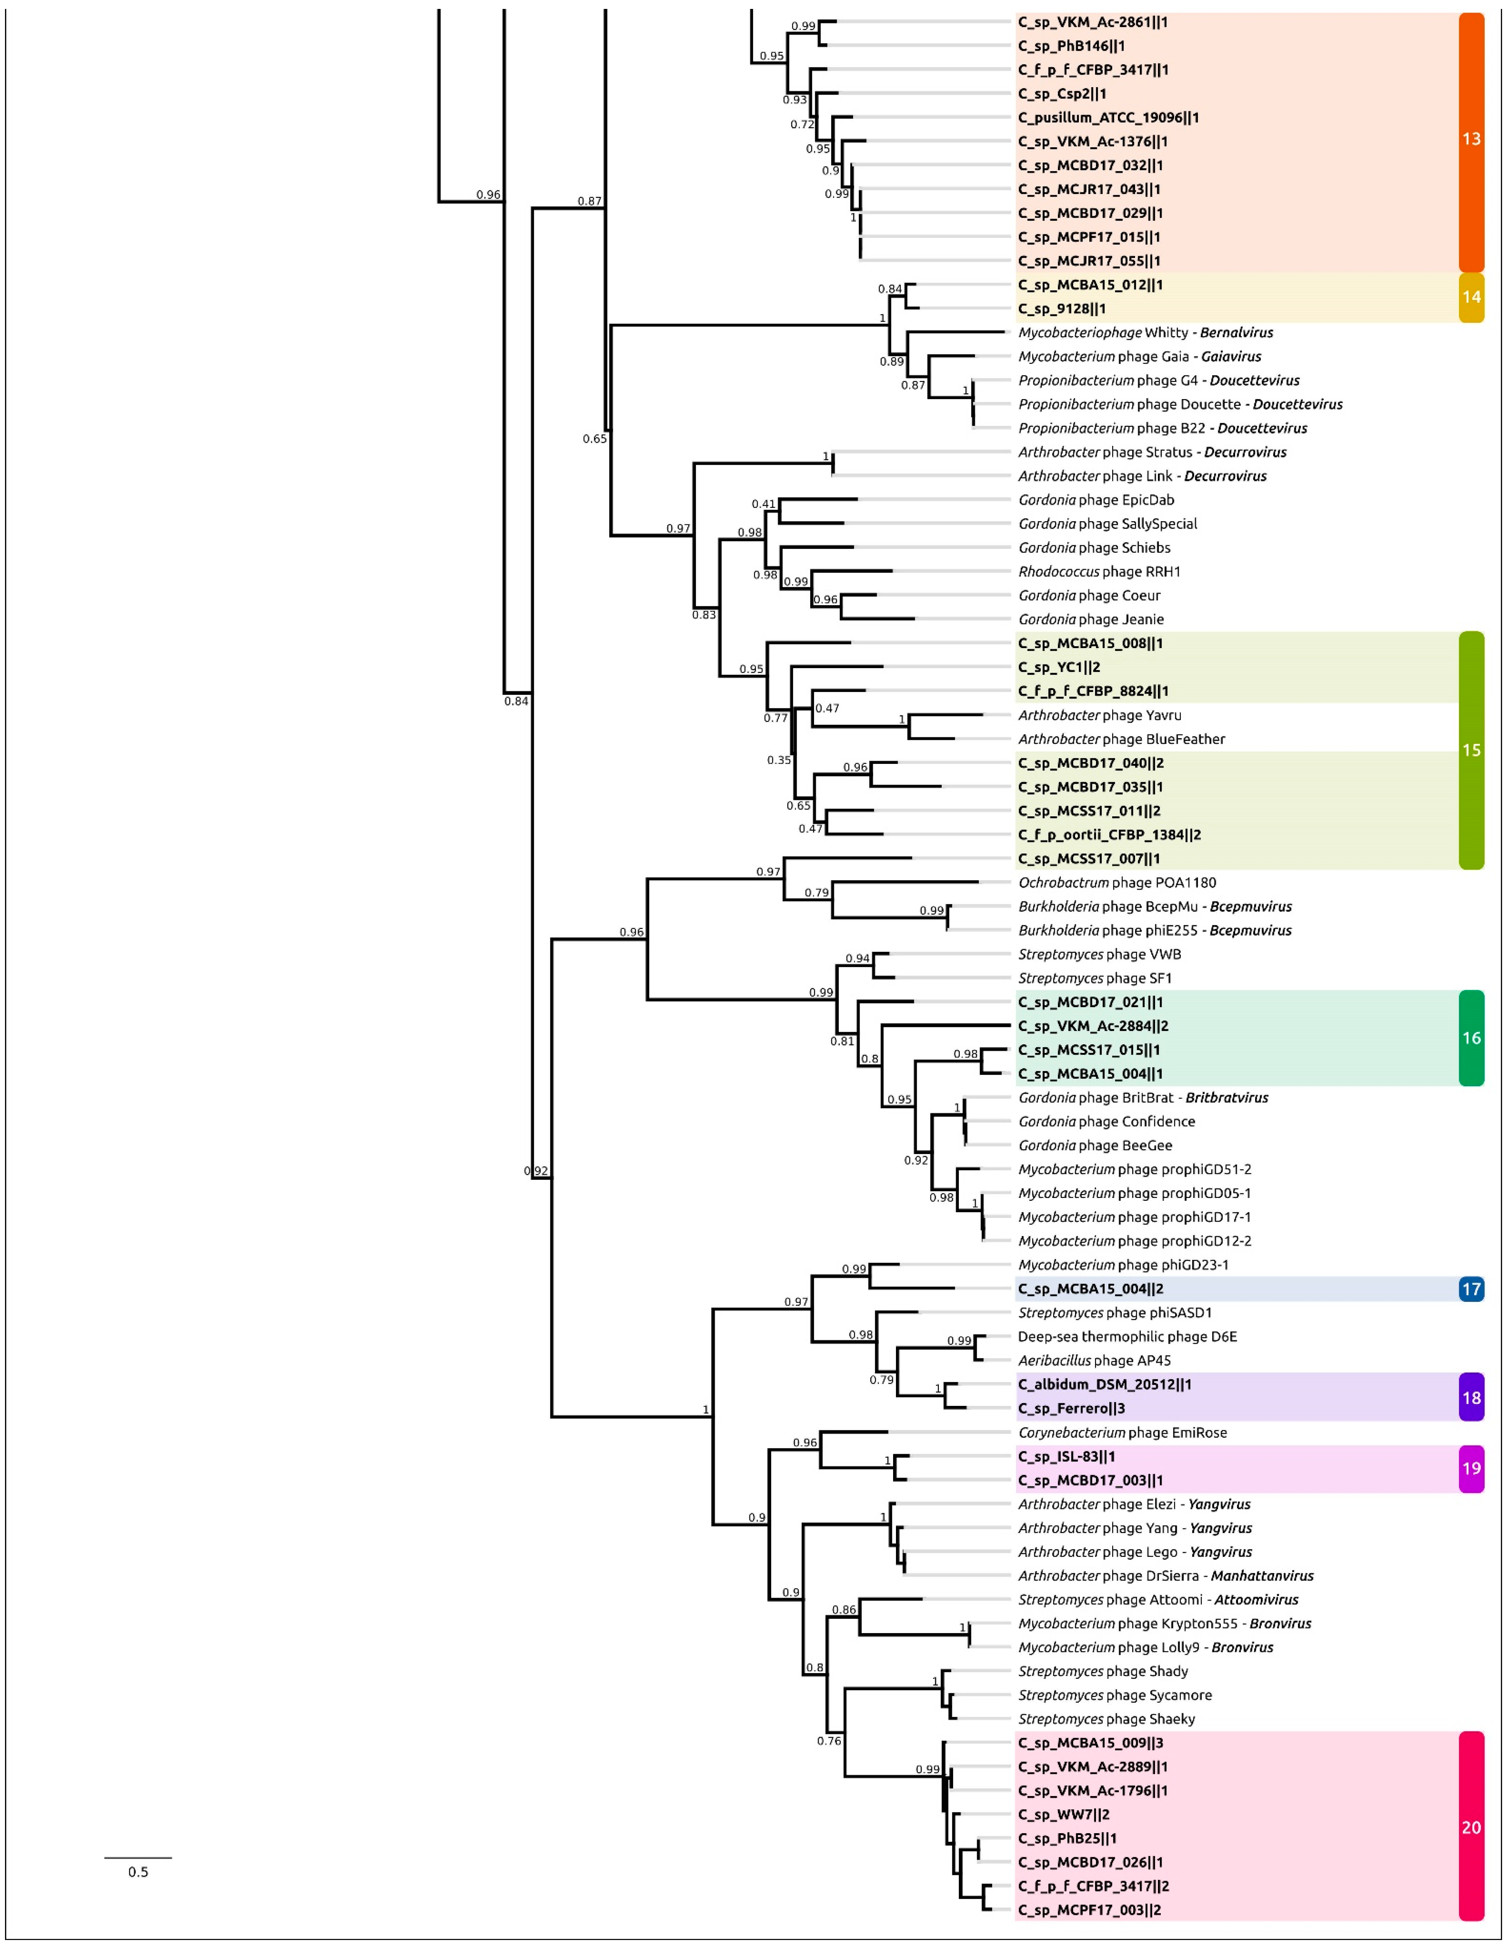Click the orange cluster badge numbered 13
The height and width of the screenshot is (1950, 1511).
pyautogui.click(x=1471, y=139)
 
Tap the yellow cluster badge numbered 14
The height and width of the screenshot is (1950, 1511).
pyautogui.click(x=1471, y=297)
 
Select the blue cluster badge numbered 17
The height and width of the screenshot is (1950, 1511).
pyautogui.click(x=1471, y=1288)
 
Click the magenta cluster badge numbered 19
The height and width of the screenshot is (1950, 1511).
pyautogui.click(x=1471, y=1468)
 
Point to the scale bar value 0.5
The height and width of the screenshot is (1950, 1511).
pyautogui.click(x=138, y=1871)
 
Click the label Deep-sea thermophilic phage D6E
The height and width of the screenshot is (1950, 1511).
pyautogui.click(x=1127, y=1337)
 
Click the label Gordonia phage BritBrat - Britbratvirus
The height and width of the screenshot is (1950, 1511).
pyautogui.click(x=1143, y=1097)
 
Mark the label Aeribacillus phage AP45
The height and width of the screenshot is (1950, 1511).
pyautogui.click(x=1094, y=1361)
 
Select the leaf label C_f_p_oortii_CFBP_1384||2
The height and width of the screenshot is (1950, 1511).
pyautogui.click(x=1109, y=835)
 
